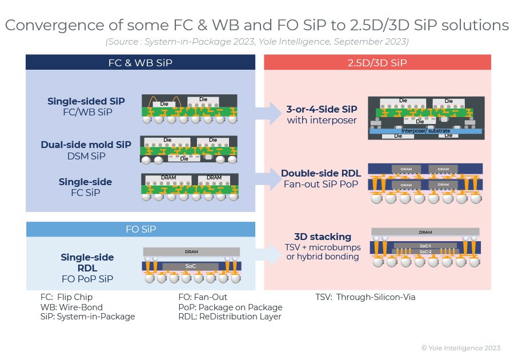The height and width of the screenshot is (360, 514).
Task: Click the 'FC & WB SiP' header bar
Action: click(x=140, y=62)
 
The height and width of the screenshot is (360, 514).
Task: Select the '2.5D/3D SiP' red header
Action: click(x=378, y=62)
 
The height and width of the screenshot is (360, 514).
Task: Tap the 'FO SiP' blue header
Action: click(x=140, y=229)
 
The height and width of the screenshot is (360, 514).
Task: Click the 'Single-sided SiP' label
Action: click(x=86, y=101)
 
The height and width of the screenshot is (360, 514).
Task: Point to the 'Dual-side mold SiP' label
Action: click(x=86, y=145)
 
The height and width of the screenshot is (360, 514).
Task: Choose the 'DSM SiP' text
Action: click(x=86, y=156)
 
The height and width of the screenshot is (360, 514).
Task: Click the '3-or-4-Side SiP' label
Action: click(x=322, y=109)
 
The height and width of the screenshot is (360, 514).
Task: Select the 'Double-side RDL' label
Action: click(x=321, y=173)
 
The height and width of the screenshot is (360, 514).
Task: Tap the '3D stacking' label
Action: click(x=323, y=237)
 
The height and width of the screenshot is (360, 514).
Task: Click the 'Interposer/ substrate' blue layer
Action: click(x=425, y=131)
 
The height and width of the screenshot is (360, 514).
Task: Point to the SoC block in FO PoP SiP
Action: click(x=190, y=266)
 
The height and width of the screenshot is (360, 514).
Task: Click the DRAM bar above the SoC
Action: click(x=191, y=252)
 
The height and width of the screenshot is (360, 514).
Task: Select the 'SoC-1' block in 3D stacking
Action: click(x=425, y=246)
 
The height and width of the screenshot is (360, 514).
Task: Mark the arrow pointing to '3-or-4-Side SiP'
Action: click(x=269, y=113)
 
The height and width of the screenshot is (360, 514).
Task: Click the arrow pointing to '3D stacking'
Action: click(x=269, y=254)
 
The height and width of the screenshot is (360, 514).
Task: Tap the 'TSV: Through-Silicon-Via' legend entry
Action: click(x=365, y=297)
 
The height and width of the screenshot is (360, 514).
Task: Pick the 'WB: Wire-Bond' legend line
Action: click(x=71, y=307)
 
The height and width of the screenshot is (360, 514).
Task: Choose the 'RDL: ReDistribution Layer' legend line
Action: click(x=230, y=317)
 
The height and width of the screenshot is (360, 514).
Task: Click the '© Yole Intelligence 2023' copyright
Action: click(x=461, y=348)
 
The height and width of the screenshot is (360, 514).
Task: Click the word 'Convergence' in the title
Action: click(x=54, y=25)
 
